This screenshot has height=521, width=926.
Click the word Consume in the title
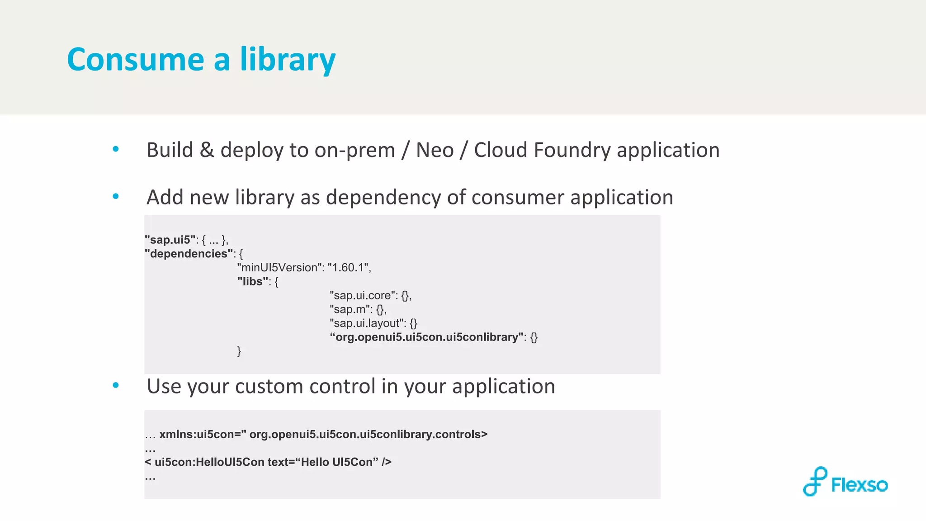pos(136,60)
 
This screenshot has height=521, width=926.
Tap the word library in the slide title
pos(288,60)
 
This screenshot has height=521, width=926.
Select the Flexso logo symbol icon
pos(815,482)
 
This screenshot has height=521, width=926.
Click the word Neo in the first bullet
pos(435,150)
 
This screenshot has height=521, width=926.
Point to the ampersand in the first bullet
pos(207,150)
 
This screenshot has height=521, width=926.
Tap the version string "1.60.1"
pos(349,268)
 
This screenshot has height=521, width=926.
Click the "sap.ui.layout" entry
pos(367,323)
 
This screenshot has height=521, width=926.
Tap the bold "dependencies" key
pos(189,254)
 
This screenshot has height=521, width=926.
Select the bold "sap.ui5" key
pos(170,240)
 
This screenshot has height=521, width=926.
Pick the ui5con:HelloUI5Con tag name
pos(209,462)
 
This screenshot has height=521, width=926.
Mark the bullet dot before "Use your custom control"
pos(116,385)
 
